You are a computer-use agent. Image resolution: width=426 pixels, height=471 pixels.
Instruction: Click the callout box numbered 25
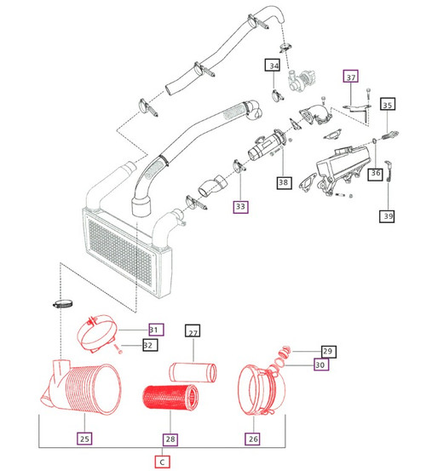point(83,439)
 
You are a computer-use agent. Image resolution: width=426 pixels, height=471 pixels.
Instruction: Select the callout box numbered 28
point(170,439)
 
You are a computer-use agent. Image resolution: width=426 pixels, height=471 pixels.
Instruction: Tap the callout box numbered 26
point(253,439)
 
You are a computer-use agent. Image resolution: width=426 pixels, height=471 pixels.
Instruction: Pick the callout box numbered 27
point(193,333)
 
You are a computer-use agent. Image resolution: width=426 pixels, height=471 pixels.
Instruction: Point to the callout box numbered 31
point(154,330)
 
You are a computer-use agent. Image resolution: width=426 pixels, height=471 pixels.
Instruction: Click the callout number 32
point(149,345)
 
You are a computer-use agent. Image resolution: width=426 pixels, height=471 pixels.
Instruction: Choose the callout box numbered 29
point(327,351)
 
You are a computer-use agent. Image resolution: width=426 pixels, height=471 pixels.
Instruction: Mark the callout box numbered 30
point(320,365)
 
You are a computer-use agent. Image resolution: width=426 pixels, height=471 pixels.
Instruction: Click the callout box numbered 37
point(351,77)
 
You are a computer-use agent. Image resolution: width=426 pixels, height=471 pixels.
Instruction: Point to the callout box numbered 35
point(388,106)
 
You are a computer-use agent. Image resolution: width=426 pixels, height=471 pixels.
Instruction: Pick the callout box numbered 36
point(376,174)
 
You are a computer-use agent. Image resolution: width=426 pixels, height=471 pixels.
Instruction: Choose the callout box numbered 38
point(283,181)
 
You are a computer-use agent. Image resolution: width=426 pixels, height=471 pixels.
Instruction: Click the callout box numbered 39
point(388,217)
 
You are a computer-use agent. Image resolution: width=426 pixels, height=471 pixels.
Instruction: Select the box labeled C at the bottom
point(162,461)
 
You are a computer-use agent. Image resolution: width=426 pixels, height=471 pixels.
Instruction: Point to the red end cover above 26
point(258,393)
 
